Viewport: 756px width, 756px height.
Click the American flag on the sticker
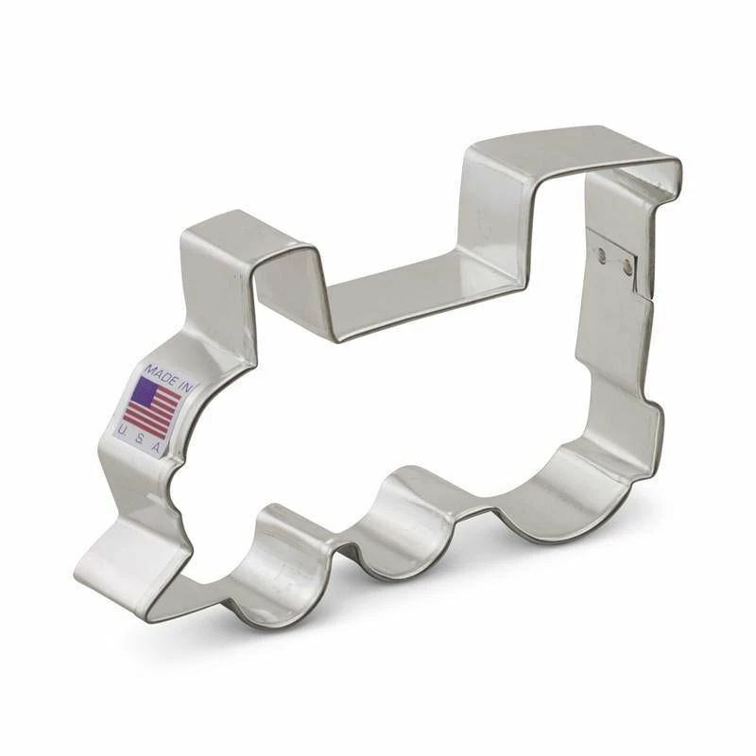151,405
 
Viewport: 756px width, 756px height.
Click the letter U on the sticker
123,432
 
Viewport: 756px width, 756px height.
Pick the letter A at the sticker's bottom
156,449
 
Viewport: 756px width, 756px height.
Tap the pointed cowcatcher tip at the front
94,567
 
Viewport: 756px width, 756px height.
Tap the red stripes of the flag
151,416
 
